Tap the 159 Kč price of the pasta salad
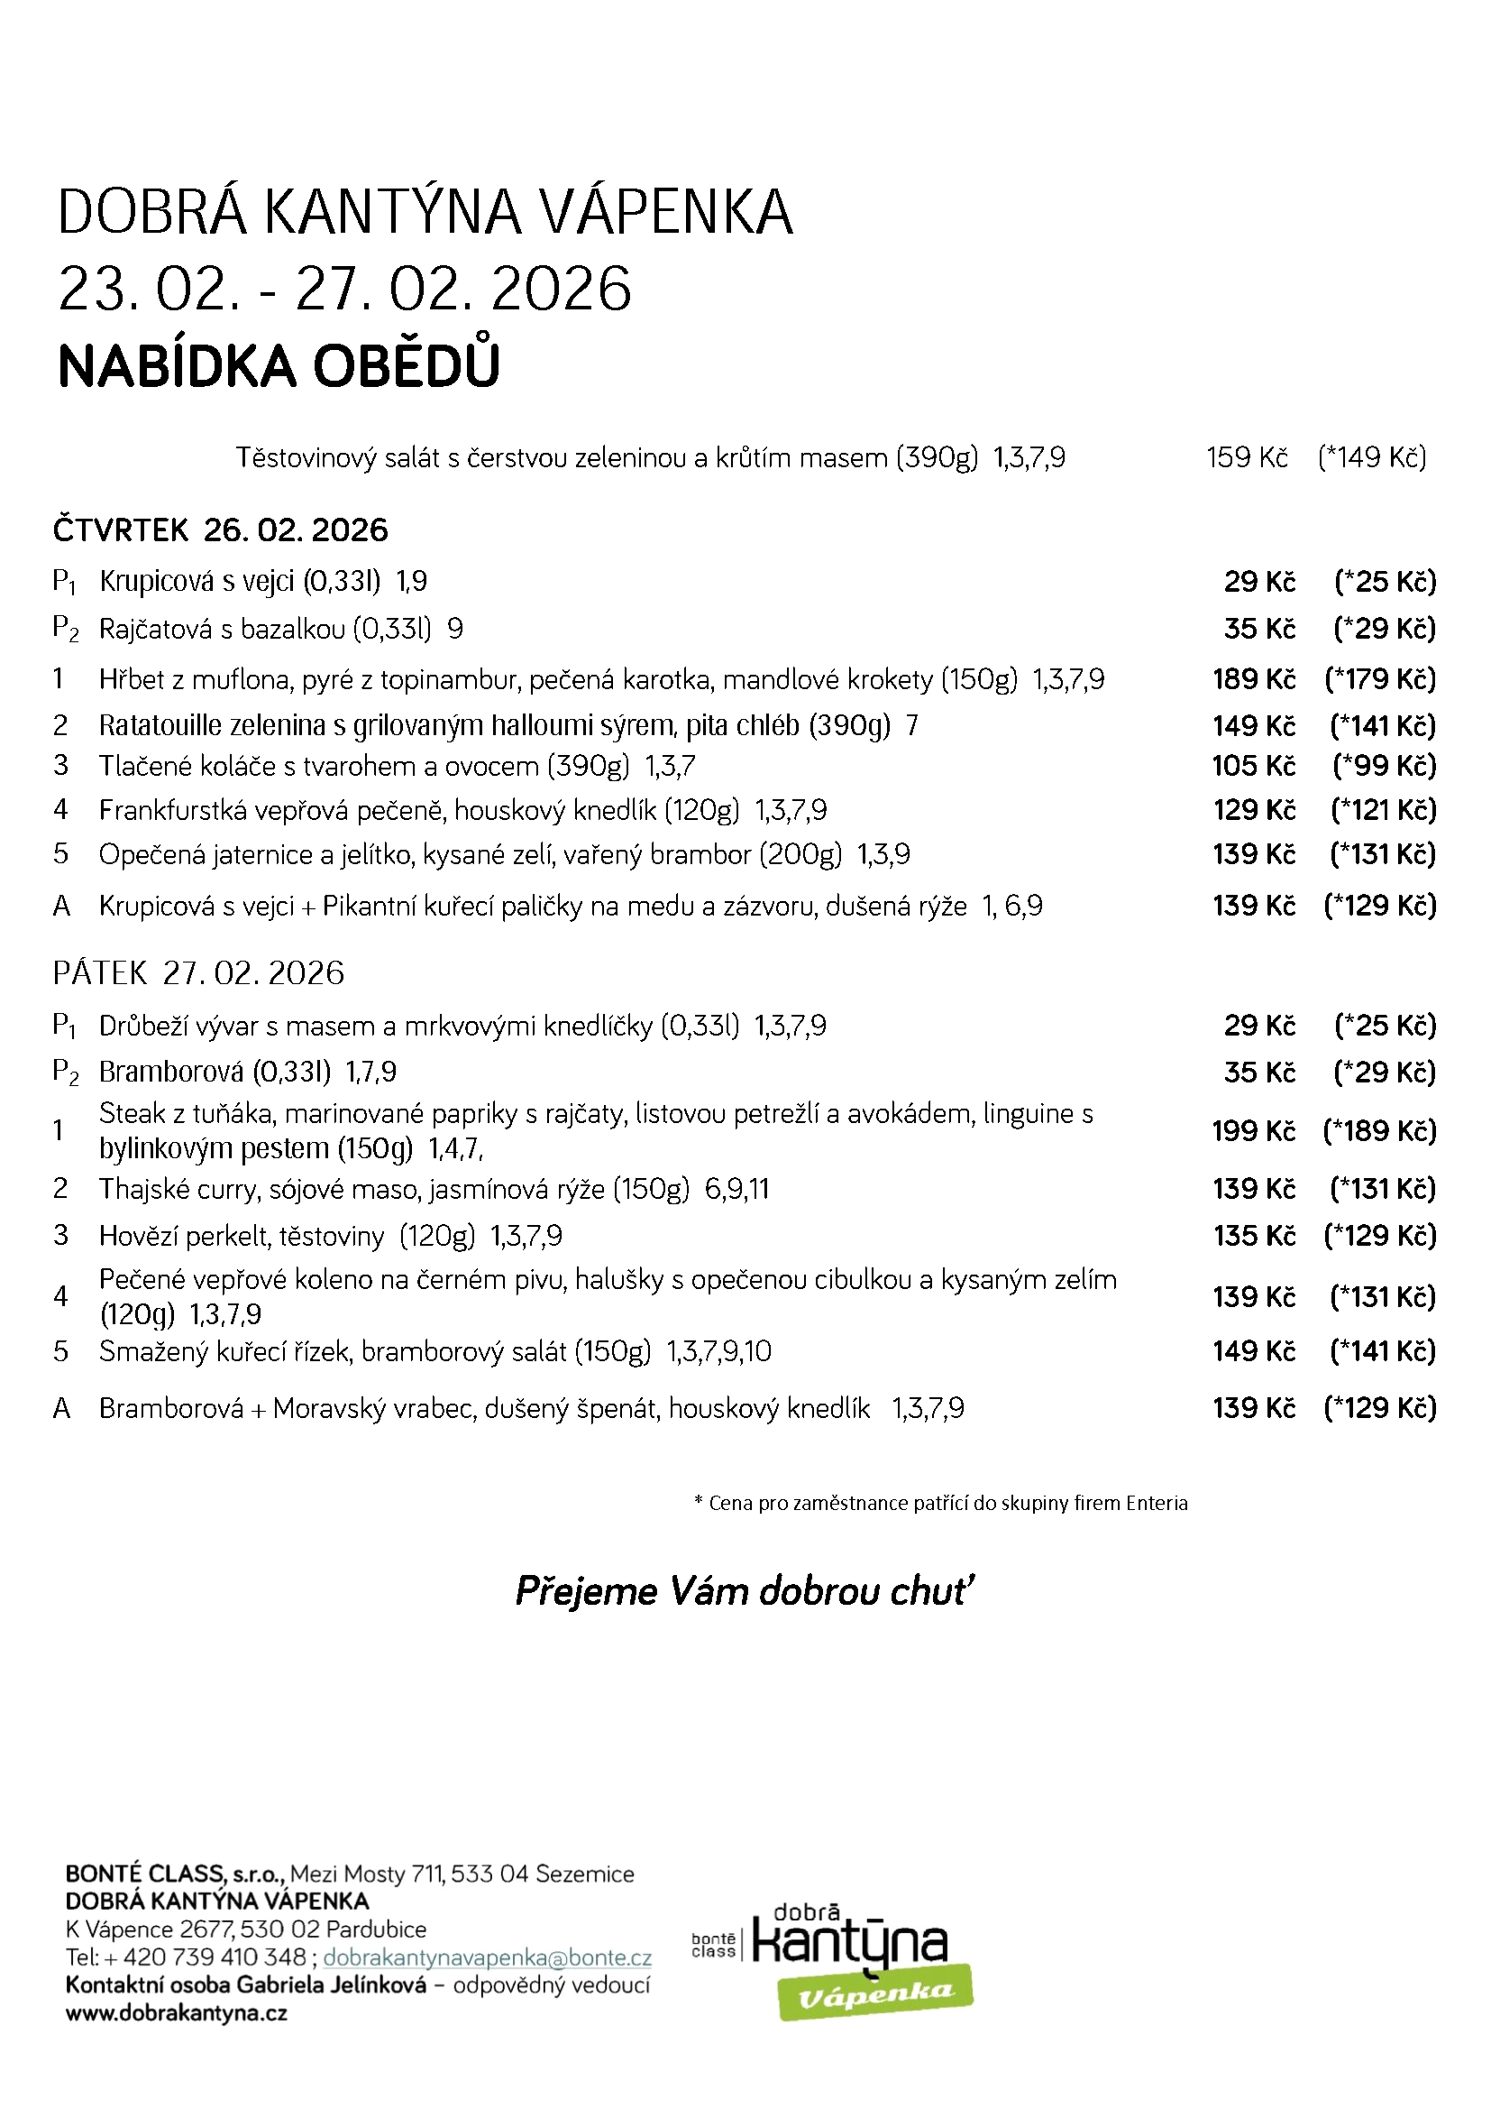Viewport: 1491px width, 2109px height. tap(1246, 457)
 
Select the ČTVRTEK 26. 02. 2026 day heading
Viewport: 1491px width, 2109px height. tap(220, 530)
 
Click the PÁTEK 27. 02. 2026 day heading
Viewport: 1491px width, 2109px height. tap(198, 972)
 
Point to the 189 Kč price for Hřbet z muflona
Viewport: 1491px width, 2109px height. tap(1253, 680)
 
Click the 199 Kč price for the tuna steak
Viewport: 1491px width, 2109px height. tap(1253, 1131)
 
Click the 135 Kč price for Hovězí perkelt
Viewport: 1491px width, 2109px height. tap(1253, 1236)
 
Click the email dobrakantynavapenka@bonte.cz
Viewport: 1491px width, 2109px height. tap(487, 1957)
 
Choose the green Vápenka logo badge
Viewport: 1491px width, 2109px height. tap(875, 1992)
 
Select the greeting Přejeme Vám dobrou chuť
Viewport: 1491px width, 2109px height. tap(745, 1591)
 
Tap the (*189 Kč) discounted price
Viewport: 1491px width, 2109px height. tap(1379, 1131)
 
